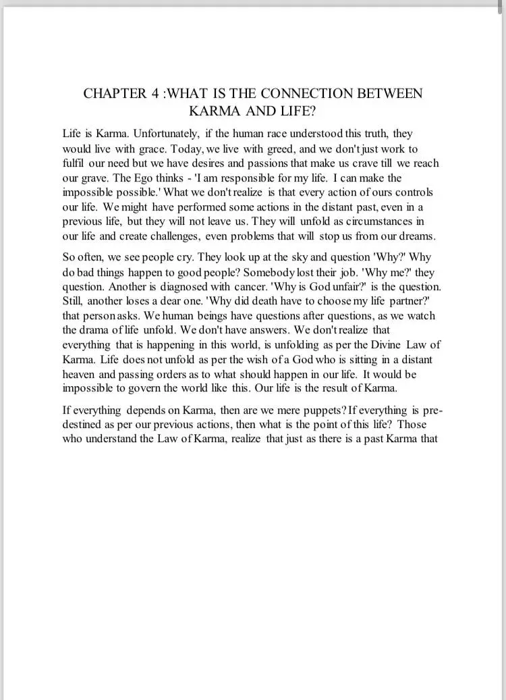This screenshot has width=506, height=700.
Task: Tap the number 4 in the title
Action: (x=153, y=93)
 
